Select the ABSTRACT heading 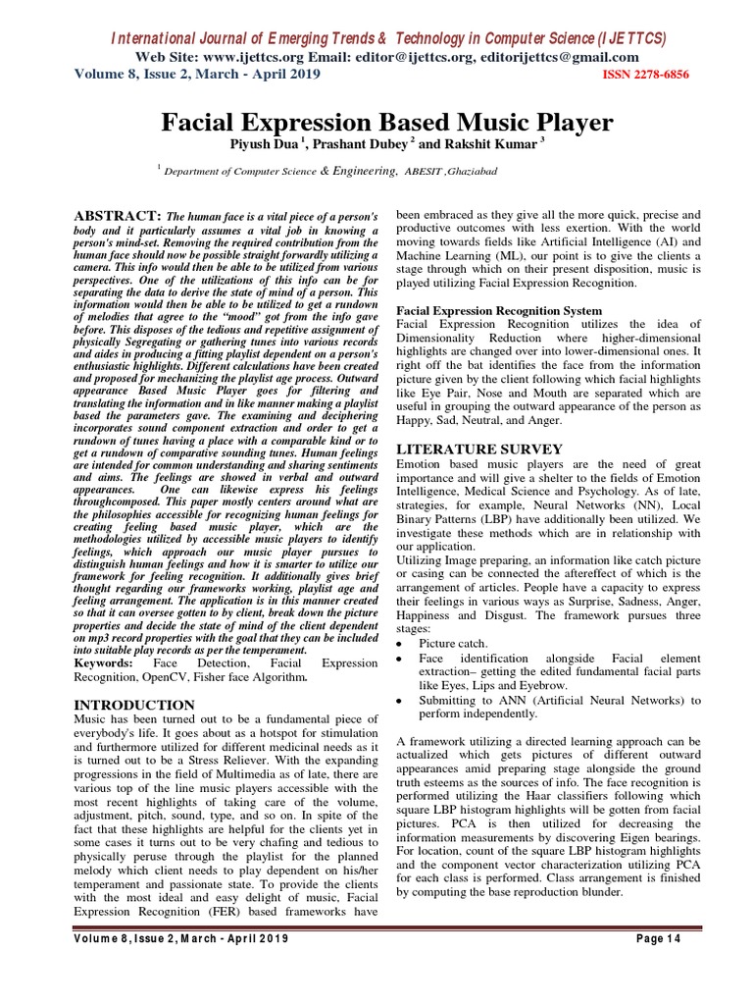[118, 214]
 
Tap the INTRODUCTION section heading [135, 705]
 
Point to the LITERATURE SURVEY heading [478, 449]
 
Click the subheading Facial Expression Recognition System [498, 311]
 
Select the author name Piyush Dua [264, 145]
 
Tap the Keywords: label [105, 662]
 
